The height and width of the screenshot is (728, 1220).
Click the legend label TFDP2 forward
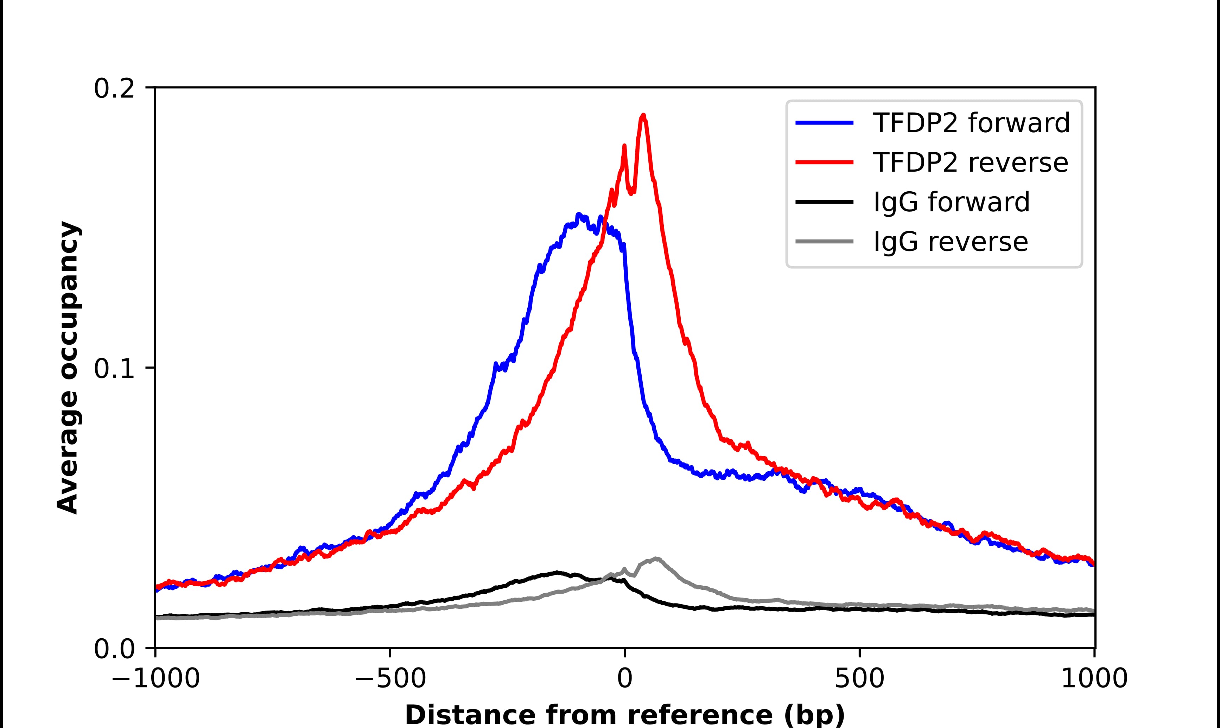(x=971, y=123)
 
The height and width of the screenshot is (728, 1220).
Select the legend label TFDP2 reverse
(x=970, y=162)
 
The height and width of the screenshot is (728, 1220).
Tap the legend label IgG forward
(x=951, y=202)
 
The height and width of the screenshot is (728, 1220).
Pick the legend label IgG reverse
(x=950, y=242)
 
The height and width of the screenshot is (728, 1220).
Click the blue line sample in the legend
(x=825, y=123)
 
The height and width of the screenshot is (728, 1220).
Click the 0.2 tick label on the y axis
(x=114, y=89)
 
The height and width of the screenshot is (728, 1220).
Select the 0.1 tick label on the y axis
(x=114, y=369)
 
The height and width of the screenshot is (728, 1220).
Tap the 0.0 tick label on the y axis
(x=114, y=649)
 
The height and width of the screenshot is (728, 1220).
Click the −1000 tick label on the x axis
(x=155, y=679)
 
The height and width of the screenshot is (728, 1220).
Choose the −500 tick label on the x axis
(x=390, y=679)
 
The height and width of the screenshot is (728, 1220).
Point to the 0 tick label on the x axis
(x=625, y=679)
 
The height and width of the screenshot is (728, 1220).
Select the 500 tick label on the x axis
(x=859, y=679)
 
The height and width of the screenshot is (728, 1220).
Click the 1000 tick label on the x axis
(x=1094, y=679)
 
